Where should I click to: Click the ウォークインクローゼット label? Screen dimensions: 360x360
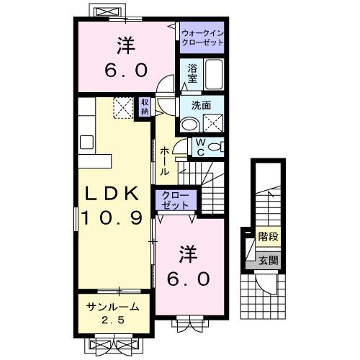coord(202,37)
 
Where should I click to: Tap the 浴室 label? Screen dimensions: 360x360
coord(192,73)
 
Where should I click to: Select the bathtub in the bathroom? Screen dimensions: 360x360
coord(214,73)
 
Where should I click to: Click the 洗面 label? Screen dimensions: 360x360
coord(201,105)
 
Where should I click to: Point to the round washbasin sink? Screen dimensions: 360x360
coord(188,125)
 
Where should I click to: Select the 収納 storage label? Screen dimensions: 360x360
coord(145,107)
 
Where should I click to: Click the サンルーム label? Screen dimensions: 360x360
coord(110,307)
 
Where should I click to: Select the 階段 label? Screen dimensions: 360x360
coord(269,235)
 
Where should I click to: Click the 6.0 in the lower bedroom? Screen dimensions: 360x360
coord(189,277)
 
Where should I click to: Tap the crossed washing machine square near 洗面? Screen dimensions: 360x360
coord(213,123)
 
